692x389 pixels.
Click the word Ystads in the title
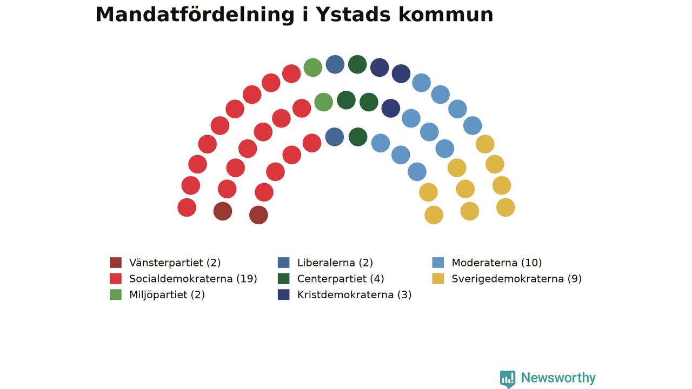pos(353,15)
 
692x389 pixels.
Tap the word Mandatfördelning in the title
pos(195,15)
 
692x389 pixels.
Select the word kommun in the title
pos(446,15)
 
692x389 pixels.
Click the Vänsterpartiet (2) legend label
pos(175,263)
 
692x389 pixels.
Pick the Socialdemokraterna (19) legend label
pos(193,279)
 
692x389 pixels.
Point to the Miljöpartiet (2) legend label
pos(167,295)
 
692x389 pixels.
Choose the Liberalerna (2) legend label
pos(335,263)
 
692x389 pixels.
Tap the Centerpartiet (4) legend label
pos(341,279)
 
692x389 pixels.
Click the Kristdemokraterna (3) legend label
pos(354,295)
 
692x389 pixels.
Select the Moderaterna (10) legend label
pos(497,263)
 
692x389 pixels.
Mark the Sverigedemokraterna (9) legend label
pos(516,279)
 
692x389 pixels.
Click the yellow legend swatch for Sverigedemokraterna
pos(438,278)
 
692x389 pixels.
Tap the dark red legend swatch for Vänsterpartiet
pos(116,263)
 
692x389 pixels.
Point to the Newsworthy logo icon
pos(508,379)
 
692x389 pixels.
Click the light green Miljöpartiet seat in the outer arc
pos(313,68)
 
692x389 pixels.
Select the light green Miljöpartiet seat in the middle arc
pos(323,102)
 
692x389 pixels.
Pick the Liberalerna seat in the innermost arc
pos(335,137)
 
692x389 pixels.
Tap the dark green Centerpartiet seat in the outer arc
pos(357,64)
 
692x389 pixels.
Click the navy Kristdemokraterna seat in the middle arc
pos(391,109)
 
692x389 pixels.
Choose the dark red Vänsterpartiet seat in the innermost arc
pos(258,215)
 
